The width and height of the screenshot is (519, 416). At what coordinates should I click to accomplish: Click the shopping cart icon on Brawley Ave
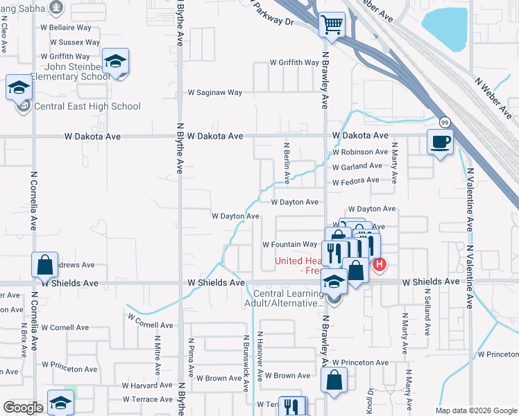332,26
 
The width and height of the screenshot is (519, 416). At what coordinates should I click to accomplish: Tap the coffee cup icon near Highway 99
440,142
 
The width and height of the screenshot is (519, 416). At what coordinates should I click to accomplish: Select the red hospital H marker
380,264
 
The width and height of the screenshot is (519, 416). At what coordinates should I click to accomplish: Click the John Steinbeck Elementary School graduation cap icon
115,62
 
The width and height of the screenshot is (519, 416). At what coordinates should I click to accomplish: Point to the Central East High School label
87,106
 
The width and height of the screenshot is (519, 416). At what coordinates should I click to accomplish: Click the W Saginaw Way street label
215,92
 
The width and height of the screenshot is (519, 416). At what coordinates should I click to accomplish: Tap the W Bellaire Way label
66,27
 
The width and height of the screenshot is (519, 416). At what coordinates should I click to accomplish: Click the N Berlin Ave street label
286,163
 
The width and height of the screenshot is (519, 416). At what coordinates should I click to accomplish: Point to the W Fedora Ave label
355,181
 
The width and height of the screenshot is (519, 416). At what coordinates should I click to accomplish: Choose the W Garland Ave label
357,166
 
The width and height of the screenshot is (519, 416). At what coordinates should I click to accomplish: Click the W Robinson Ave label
359,152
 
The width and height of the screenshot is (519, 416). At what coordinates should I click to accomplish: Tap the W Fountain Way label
289,244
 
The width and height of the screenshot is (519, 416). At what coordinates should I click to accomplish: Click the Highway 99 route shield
444,122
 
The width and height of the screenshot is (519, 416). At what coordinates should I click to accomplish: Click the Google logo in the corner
23,407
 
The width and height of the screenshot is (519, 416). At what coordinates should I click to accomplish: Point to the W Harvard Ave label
147,385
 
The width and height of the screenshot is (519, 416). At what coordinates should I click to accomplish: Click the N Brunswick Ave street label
246,362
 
